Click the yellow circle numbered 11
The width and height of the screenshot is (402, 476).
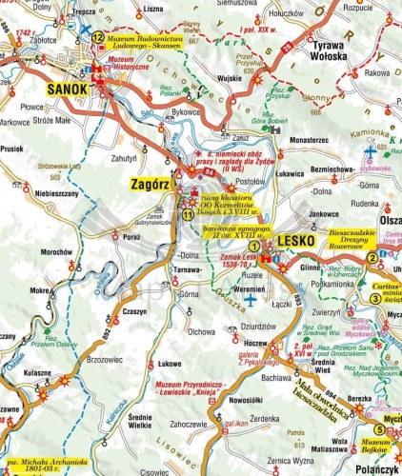189,214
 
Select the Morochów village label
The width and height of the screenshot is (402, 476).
58,251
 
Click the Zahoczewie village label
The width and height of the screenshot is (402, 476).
189,424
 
